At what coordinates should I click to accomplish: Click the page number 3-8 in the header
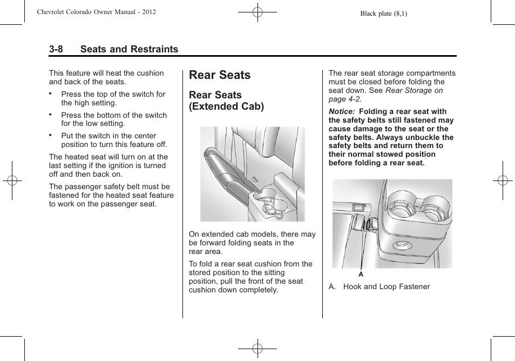click(56, 49)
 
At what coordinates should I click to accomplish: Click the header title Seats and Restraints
click(129, 49)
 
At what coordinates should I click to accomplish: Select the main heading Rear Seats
click(220, 75)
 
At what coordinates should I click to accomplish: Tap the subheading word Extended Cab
click(226, 106)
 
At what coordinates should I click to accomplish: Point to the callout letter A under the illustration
click(361, 275)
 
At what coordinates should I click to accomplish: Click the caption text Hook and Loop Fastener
click(387, 287)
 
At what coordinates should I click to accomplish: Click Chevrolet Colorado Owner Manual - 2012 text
click(97, 12)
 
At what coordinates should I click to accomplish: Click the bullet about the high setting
click(113, 98)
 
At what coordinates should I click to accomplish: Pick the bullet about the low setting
click(113, 119)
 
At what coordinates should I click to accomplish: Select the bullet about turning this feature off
click(113, 141)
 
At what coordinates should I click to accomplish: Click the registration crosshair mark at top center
click(257, 12)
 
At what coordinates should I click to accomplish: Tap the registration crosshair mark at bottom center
click(257, 349)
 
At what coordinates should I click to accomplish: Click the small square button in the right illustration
click(357, 206)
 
